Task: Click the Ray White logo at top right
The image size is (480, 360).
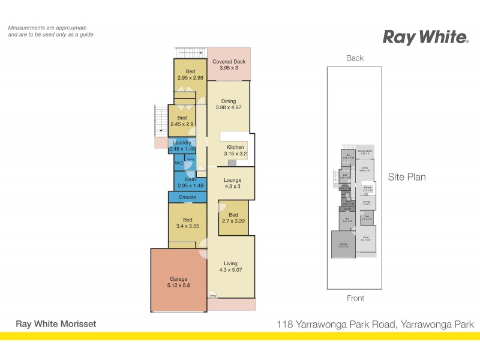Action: click(425, 38)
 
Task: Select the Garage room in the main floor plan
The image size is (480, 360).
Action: click(178, 283)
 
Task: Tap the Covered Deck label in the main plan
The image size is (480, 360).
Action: click(229, 65)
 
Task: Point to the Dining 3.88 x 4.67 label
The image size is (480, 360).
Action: click(229, 104)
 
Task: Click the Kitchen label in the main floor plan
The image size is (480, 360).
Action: click(235, 150)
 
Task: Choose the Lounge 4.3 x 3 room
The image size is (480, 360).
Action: click(232, 184)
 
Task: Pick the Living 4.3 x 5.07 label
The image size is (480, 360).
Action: click(230, 267)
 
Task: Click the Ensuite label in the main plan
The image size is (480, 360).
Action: click(187, 197)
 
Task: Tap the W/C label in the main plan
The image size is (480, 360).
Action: click(179, 163)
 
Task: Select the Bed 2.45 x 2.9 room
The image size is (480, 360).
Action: click(182, 121)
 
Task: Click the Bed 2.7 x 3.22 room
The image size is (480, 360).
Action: click(233, 218)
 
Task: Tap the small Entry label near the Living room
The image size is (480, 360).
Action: click(212, 295)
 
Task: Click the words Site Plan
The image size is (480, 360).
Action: click(407, 177)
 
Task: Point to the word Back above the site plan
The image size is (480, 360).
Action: click(355, 58)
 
